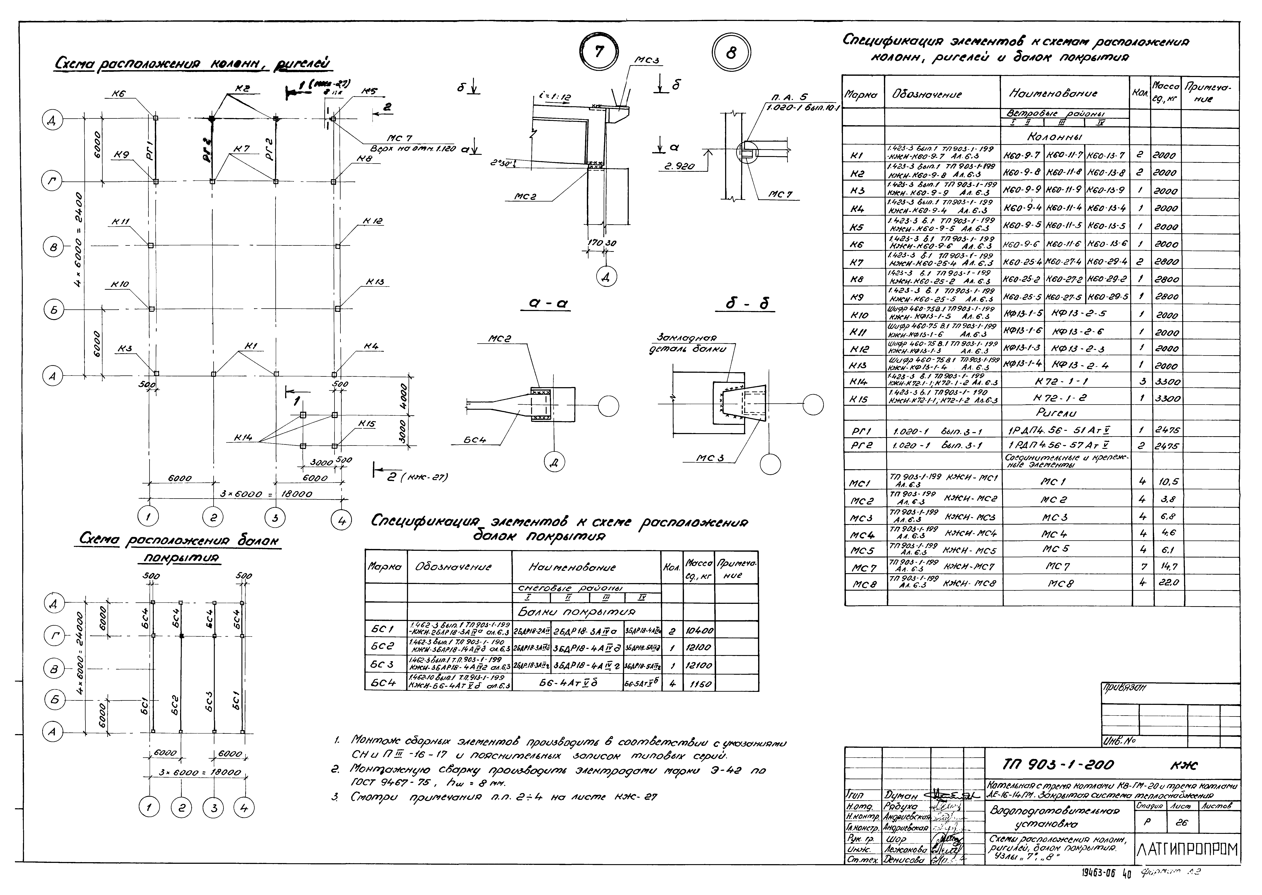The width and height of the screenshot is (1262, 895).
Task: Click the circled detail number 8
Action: tap(731, 53)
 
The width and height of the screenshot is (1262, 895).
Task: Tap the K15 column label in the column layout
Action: tap(366, 424)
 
